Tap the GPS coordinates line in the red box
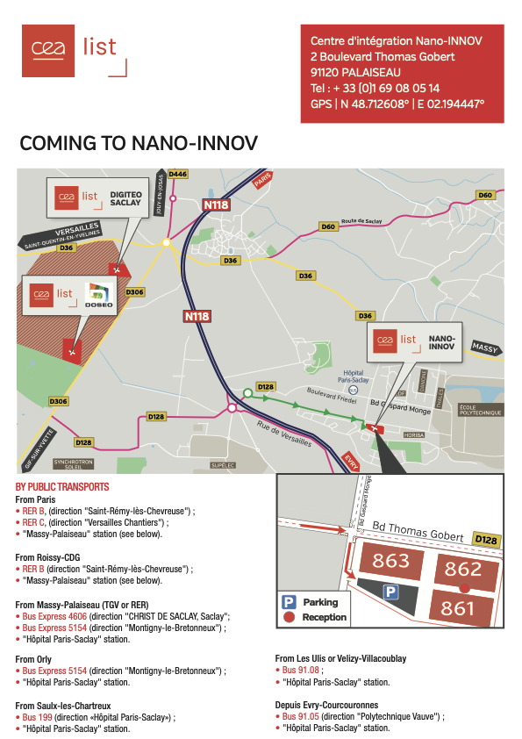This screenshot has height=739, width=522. (x=397, y=104)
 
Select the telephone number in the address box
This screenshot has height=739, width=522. (x=375, y=89)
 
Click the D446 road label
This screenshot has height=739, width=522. (x=178, y=175)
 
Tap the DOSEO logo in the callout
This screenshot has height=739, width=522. (x=99, y=295)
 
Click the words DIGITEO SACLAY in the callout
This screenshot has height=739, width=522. (x=125, y=198)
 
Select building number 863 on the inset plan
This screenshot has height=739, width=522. (x=391, y=561)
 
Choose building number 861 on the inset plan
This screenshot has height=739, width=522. (x=458, y=607)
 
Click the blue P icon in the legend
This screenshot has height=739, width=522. (x=288, y=602)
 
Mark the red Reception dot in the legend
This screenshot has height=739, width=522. (x=288, y=617)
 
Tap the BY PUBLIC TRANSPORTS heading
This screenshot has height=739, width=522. (x=62, y=486)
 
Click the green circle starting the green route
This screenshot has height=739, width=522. (x=248, y=392)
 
